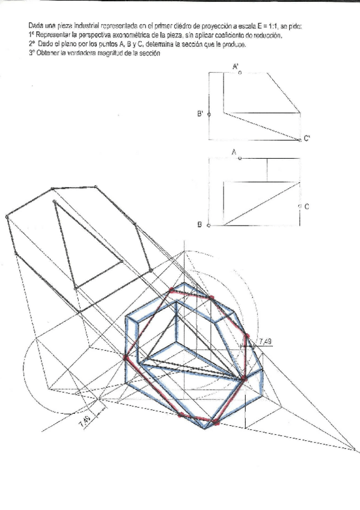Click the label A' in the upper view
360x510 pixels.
235,67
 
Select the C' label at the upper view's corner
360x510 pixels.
307,139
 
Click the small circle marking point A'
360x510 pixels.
240,73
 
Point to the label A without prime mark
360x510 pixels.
234,153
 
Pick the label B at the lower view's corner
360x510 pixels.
200,225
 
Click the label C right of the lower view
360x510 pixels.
307,207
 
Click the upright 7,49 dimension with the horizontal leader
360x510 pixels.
264,342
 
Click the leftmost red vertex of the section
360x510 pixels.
126,357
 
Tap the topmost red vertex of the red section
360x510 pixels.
172,290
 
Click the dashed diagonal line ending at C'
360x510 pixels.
261,125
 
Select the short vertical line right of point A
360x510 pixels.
267,170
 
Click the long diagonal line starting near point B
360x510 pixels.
261,204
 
